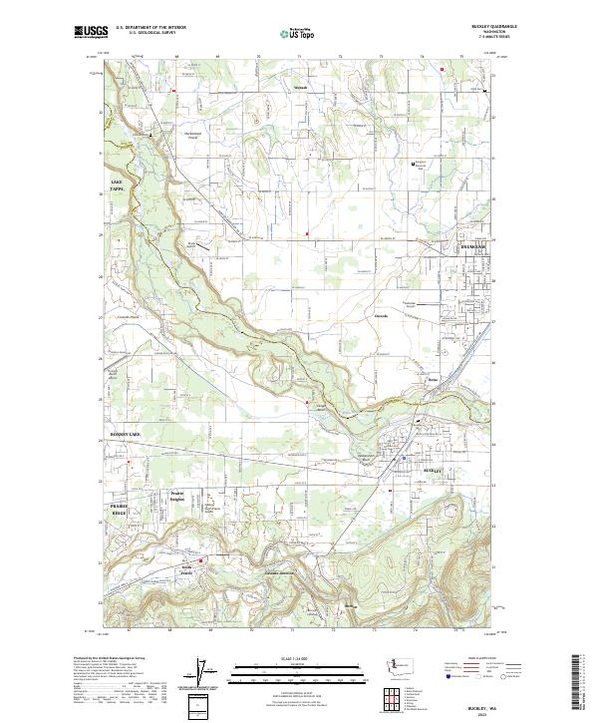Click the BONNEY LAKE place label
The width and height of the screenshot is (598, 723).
point(125,436)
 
